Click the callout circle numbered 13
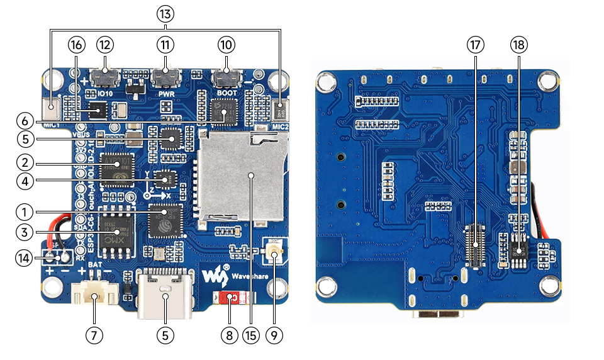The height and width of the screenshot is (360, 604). pos(165,14)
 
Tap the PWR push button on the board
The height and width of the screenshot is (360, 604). pos(165,78)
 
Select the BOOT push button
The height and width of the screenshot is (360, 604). pos(226,79)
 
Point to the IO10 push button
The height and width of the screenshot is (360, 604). pos(104,78)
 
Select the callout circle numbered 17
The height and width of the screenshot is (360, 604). pos(475,45)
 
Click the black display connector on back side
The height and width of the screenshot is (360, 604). pos(475,245)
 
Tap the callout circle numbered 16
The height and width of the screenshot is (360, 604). pos(76,45)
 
